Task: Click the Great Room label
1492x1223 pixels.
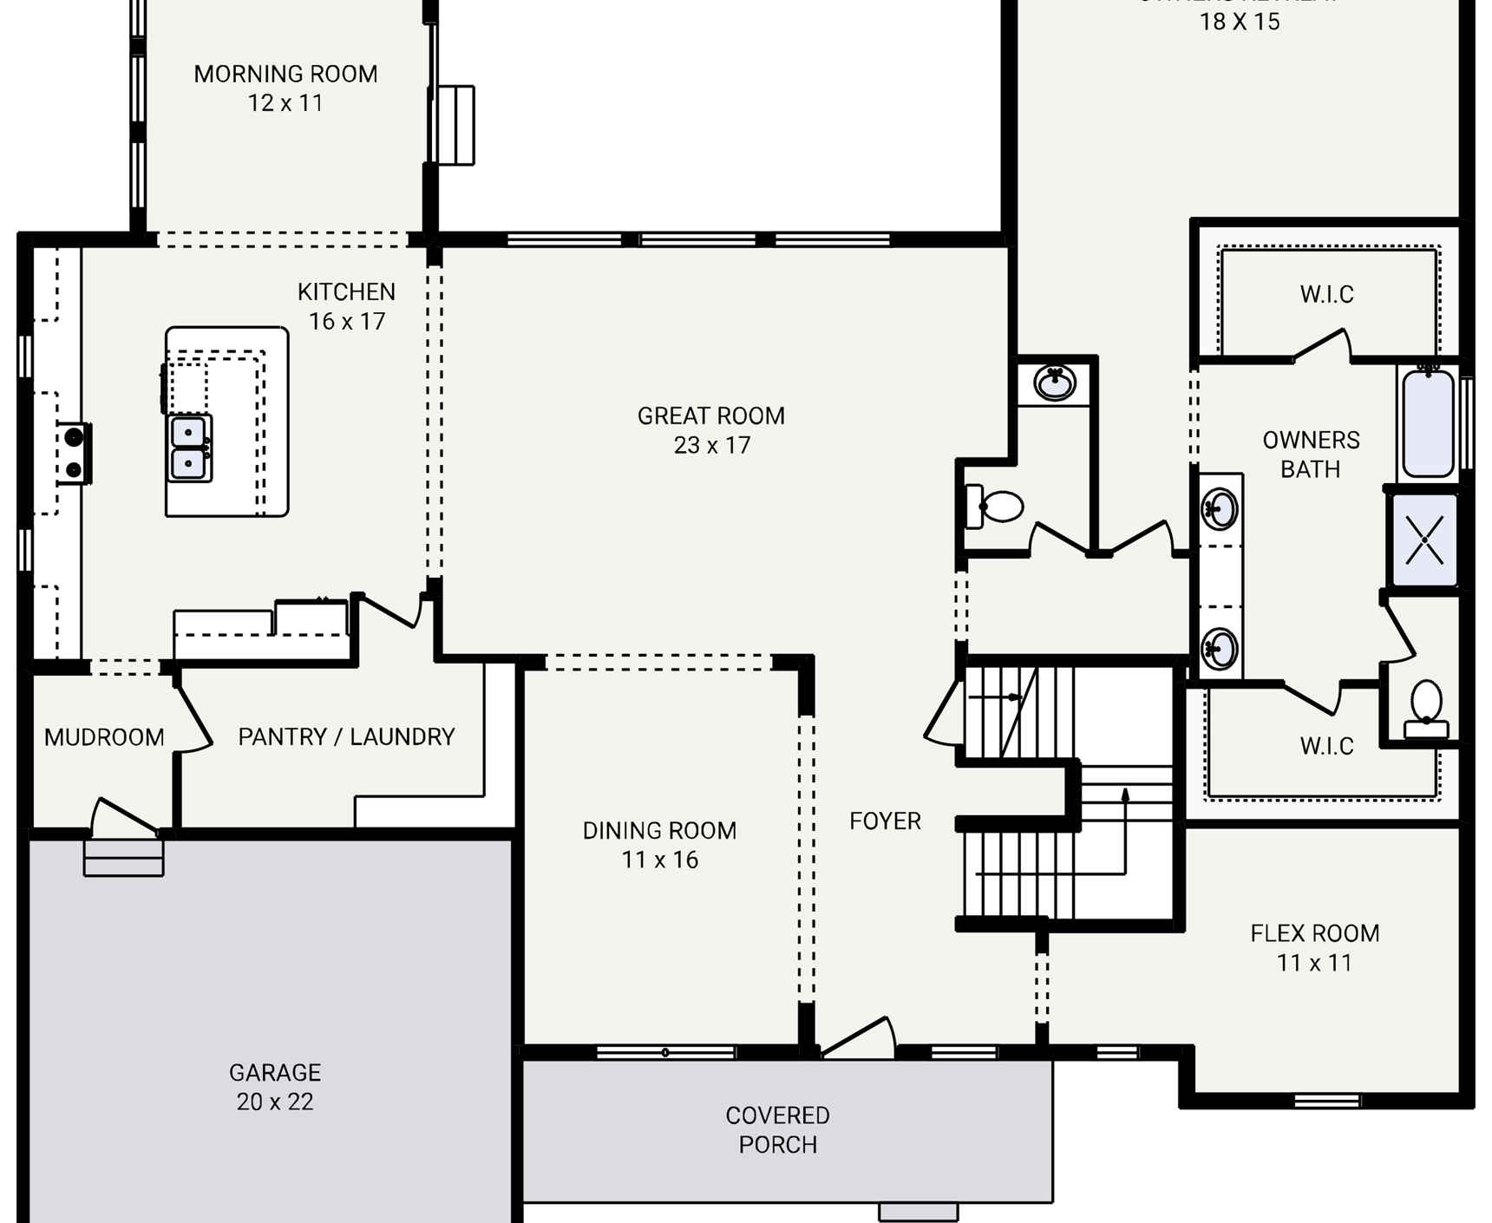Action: [x=711, y=416]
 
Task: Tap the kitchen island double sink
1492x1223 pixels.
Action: [x=189, y=448]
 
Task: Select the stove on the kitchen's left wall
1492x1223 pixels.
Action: [x=74, y=453]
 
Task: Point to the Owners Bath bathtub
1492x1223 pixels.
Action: [x=1428, y=423]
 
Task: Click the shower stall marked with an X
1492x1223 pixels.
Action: [x=1424, y=540]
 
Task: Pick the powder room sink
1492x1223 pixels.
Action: [x=1055, y=383]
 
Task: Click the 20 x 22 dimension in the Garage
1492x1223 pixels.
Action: [x=275, y=1102]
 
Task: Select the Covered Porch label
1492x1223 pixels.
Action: [x=777, y=1129]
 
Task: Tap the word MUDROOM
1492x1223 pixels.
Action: [x=104, y=737]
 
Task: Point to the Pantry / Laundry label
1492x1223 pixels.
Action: [x=346, y=736]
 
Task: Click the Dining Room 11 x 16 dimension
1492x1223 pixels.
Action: [x=659, y=860]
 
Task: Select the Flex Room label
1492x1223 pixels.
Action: [x=1314, y=933]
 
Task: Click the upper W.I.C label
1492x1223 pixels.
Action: [x=1326, y=294]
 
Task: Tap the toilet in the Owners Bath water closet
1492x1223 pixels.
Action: [x=1426, y=707]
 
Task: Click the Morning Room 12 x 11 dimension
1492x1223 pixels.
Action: [x=285, y=103]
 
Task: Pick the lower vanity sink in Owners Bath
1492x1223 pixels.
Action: [x=1220, y=648]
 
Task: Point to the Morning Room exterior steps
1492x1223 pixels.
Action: [x=455, y=125]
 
